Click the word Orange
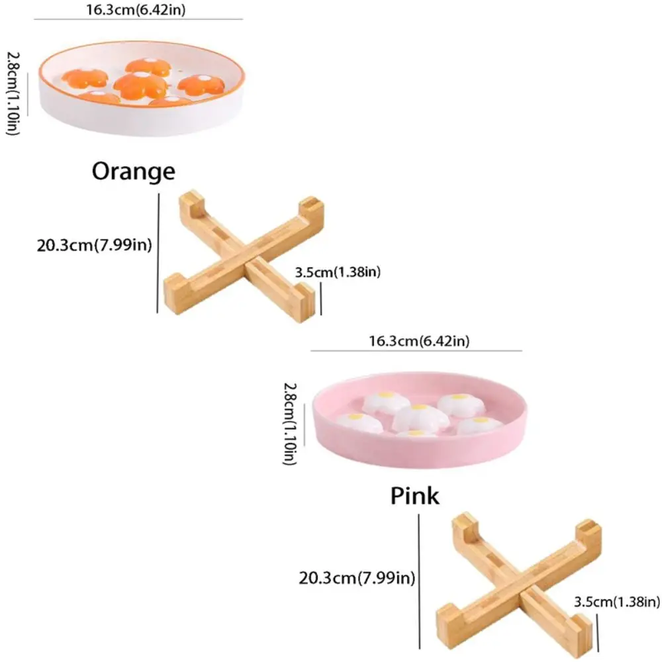[x=133, y=171]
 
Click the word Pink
[x=414, y=495]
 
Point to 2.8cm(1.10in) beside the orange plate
[x=14, y=94]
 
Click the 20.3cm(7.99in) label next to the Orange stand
[x=95, y=246]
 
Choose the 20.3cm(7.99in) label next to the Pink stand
[x=357, y=578]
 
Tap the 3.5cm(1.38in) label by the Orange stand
[x=338, y=271]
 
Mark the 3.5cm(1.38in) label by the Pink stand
[x=616, y=602]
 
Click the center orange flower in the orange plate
[x=140, y=84]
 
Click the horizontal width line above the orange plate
[x=138, y=19]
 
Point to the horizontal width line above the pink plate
[x=417, y=351]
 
